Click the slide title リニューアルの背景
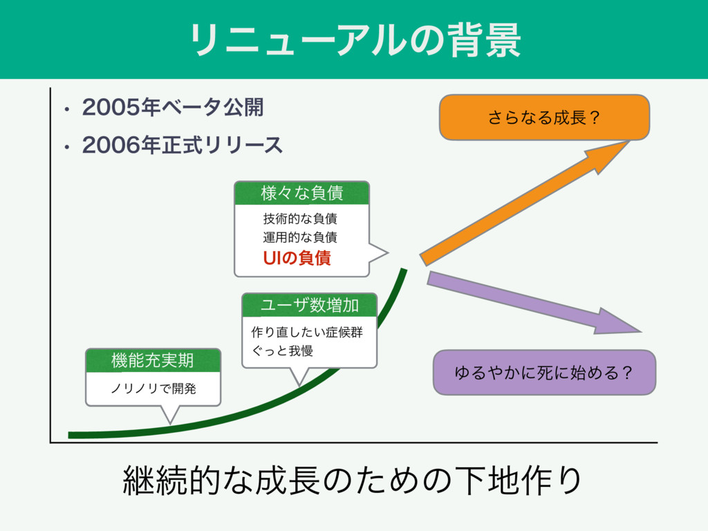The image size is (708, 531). point(354,39)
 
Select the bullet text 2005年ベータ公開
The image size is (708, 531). point(174,108)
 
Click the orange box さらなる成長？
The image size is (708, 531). point(544,118)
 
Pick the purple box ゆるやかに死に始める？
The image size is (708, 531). point(543,373)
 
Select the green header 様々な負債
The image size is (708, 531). point(301,193)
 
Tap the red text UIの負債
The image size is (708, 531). point(297,259)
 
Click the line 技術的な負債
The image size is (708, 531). point(299,220)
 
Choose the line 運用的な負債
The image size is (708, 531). point(299,238)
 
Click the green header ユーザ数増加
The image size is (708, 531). point(309,304)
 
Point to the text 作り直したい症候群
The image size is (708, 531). point(307,333)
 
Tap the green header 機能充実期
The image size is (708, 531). point(152,360)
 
